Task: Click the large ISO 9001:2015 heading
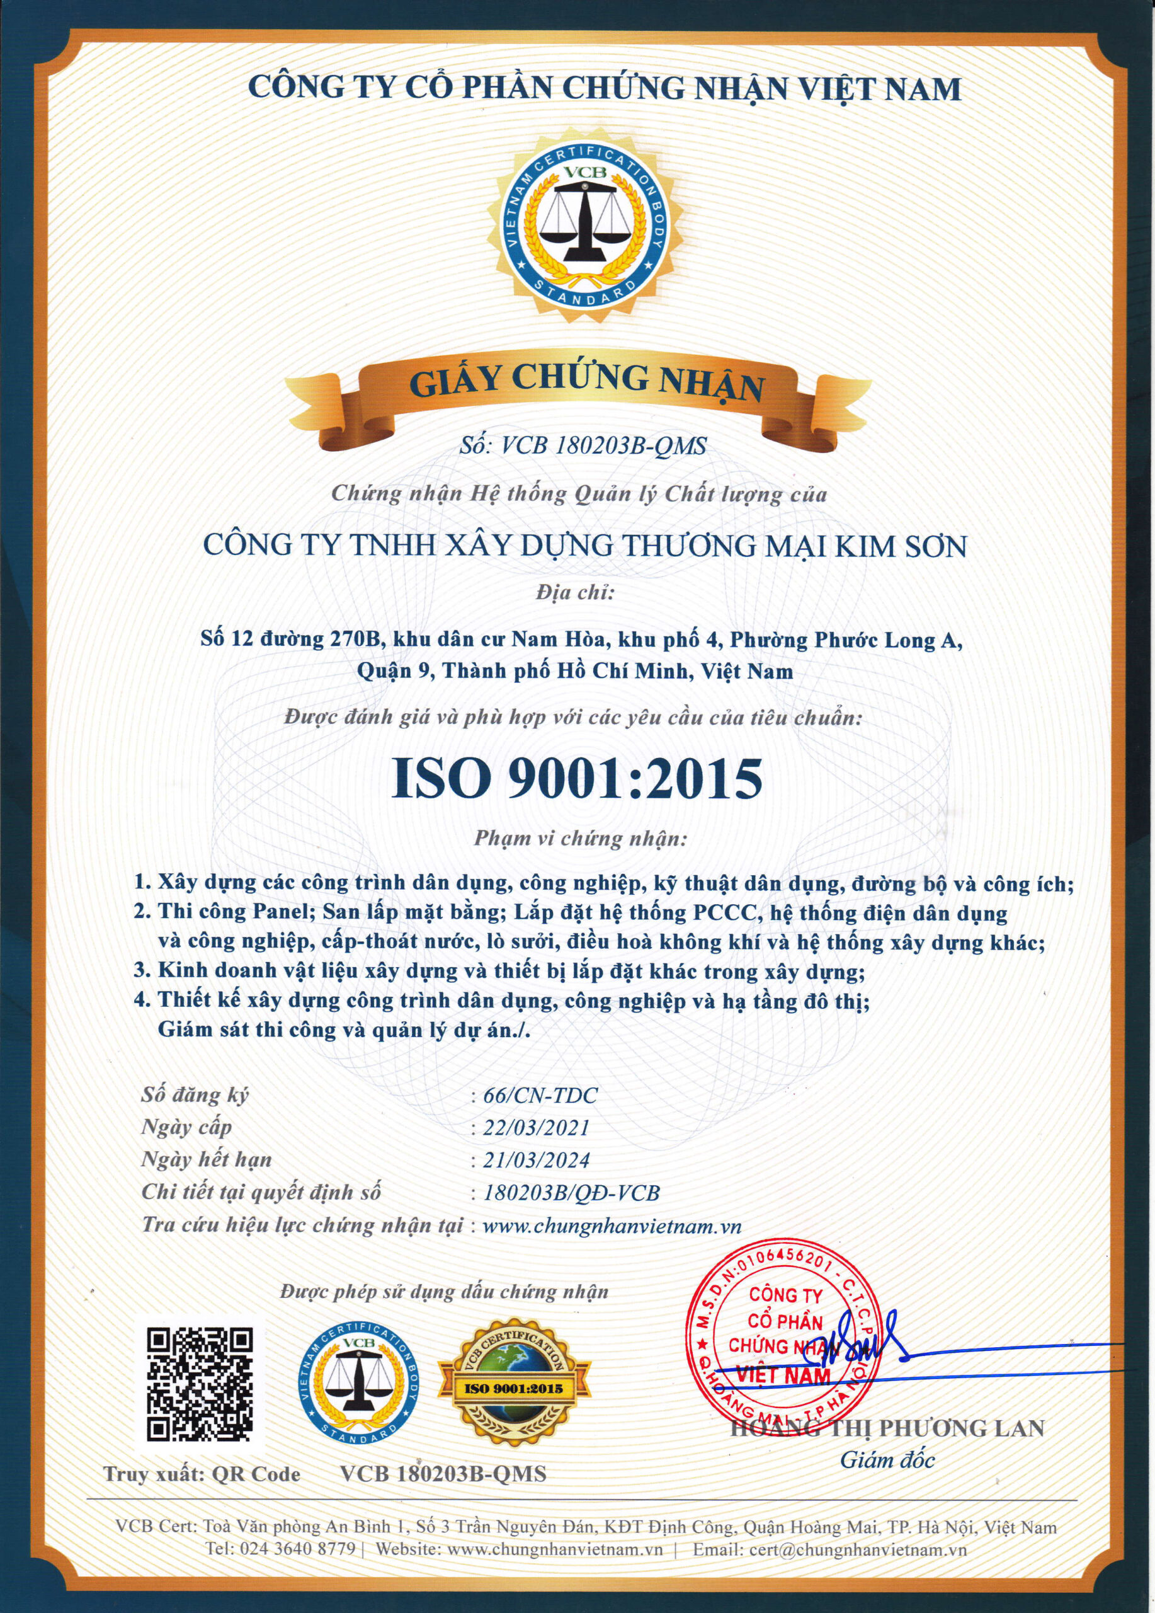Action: pos(577,778)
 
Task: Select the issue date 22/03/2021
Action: pos(536,1127)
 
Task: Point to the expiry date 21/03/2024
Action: pos(536,1160)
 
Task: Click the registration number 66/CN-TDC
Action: pos(540,1094)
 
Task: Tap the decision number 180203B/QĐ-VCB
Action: pos(571,1193)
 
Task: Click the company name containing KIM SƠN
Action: pos(585,546)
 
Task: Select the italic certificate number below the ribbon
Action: pos(583,446)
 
